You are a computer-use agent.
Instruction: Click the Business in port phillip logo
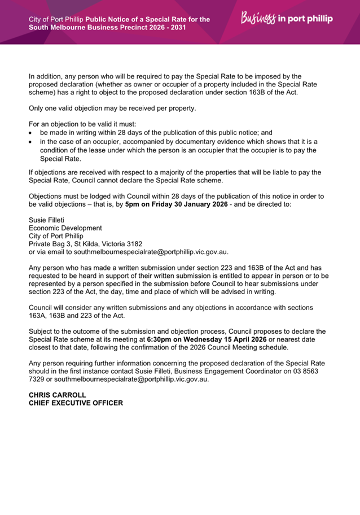[x=287, y=19]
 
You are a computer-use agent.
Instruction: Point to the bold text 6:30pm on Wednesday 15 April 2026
[x=207, y=339]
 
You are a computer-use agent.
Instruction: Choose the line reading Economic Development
[x=65, y=228]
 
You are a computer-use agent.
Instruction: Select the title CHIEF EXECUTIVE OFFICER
[x=76, y=403]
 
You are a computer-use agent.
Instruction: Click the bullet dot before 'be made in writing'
[x=31, y=132]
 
